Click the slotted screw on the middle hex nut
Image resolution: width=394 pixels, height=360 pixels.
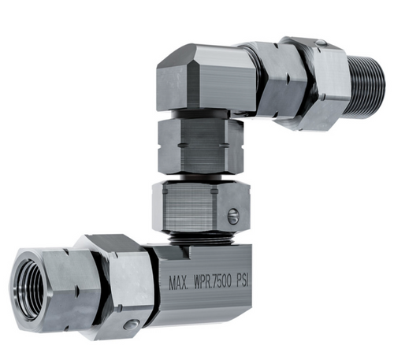click(231, 216)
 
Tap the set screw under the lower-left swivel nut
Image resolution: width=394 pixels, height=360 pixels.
click(130, 324)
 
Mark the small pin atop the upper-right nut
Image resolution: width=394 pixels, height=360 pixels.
click(319, 43)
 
